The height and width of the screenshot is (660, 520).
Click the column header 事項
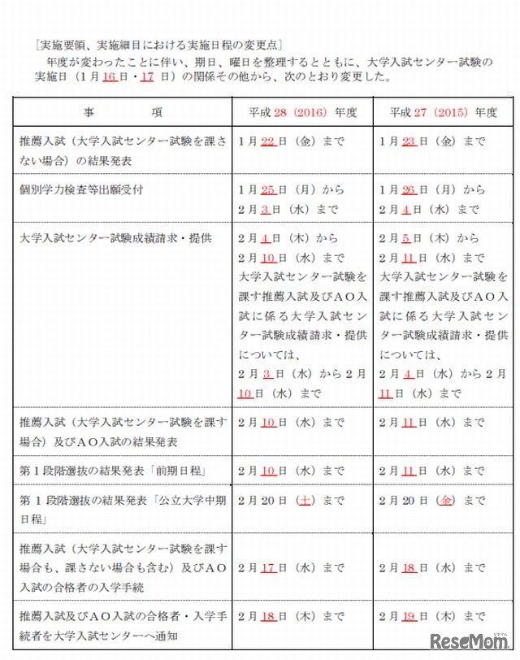point(123,112)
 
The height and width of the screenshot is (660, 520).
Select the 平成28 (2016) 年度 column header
point(301,112)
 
